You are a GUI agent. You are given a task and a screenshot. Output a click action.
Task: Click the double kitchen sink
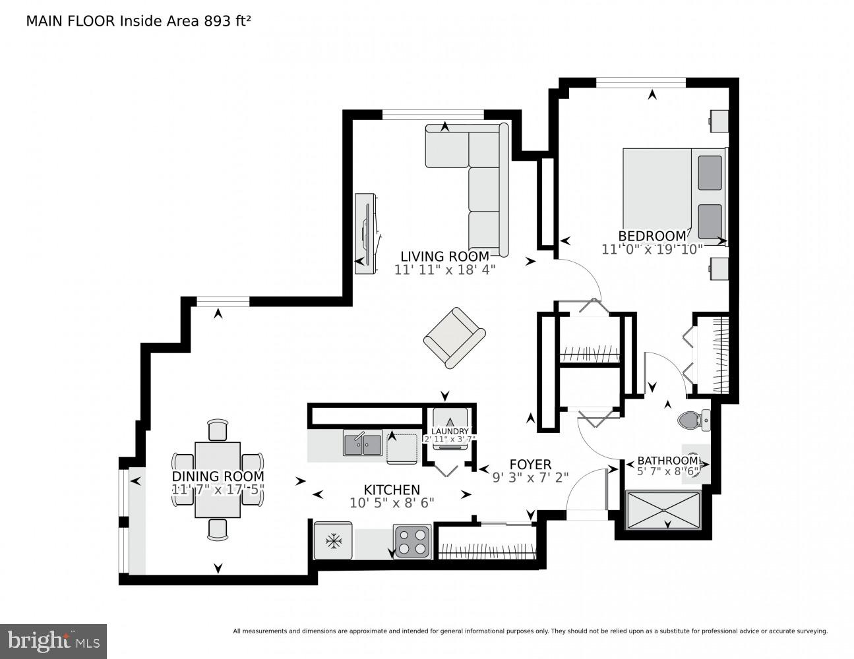point(362,444)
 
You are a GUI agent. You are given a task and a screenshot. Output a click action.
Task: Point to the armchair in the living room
point(454,337)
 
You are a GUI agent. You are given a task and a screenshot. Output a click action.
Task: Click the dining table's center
point(218,480)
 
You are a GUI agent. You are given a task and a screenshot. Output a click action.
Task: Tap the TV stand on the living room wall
point(365,234)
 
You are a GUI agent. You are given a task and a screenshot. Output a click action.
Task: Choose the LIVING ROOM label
point(445,256)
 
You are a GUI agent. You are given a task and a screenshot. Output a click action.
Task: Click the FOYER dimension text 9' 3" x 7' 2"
point(530,478)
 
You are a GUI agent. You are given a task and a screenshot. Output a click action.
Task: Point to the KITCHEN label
point(392,490)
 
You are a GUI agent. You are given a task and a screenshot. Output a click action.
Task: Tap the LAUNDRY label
point(450,432)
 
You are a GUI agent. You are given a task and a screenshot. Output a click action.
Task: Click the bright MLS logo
point(53,641)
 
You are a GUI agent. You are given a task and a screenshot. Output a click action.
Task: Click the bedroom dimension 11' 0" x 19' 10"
point(652,249)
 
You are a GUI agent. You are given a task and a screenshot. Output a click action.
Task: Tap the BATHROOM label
point(667,460)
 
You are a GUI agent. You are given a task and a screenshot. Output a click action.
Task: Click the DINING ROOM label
point(218,476)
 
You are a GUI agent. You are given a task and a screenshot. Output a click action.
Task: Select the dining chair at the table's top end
point(218,430)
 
